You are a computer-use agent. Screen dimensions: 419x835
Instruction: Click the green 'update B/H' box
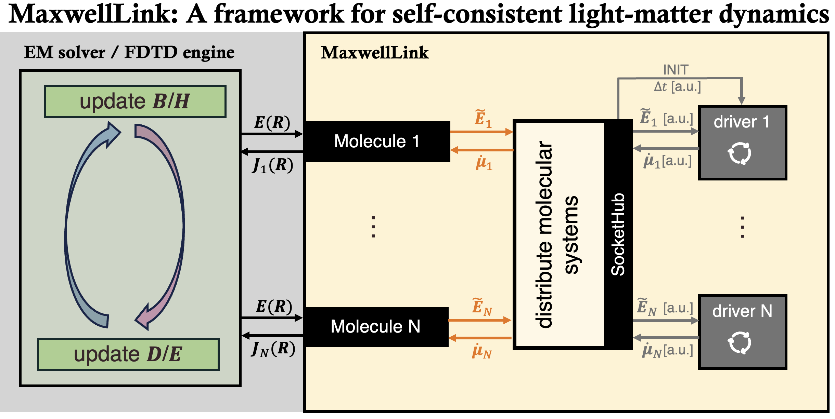click(x=135, y=102)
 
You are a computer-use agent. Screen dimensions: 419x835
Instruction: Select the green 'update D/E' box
click(x=128, y=354)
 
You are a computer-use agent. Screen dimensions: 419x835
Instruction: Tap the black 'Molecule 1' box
click(x=377, y=141)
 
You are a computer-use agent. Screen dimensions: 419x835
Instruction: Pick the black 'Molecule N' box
click(x=376, y=327)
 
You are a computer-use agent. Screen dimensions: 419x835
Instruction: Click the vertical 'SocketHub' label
click(x=618, y=234)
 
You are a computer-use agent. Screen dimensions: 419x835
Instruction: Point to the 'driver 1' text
click(x=742, y=122)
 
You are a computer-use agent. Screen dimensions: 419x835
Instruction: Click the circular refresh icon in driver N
click(x=740, y=342)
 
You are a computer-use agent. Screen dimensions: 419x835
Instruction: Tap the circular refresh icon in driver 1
click(x=740, y=153)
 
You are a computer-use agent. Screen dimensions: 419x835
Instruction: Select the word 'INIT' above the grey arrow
click(x=676, y=70)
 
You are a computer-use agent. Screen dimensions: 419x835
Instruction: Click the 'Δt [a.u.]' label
click(x=677, y=87)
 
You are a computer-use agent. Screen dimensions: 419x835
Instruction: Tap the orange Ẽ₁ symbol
click(x=483, y=119)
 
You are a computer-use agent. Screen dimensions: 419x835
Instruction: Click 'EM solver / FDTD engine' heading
click(x=129, y=53)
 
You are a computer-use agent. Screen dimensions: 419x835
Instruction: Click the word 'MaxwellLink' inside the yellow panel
click(x=374, y=53)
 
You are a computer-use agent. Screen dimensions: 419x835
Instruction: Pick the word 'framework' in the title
click(x=279, y=14)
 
